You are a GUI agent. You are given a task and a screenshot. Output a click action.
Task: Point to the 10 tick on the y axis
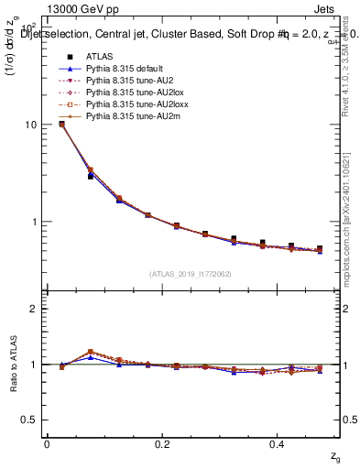pyautogui.click(x=34, y=125)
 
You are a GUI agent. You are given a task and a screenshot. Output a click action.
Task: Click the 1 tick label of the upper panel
pyautogui.click(x=37, y=222)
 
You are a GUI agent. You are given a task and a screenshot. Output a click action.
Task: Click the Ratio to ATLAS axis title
pyautogui.click(x=12, y=364)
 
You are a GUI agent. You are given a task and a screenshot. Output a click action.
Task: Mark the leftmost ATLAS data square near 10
pyautogui.click(x=61, y=124)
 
